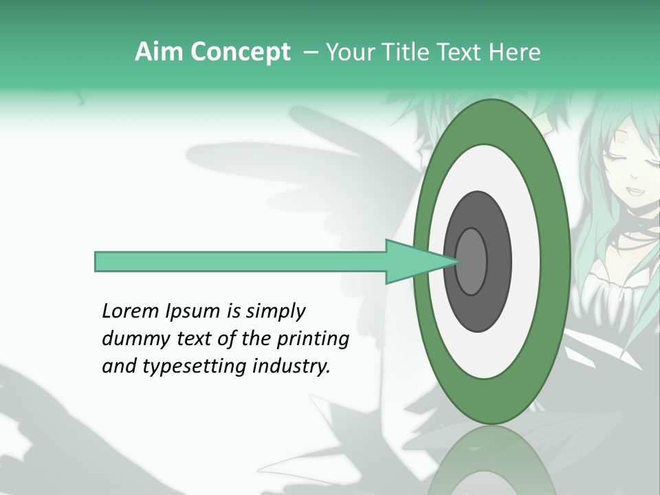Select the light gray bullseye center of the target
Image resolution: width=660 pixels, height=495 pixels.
coord(472,261)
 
